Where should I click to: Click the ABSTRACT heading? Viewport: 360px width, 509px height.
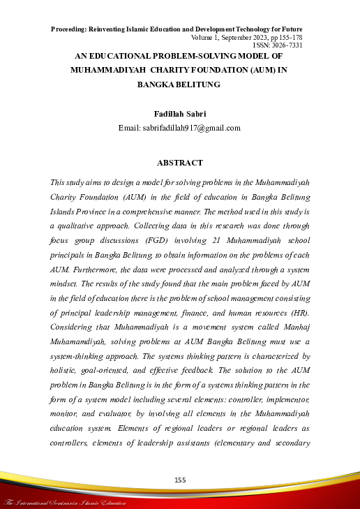coord(180,163)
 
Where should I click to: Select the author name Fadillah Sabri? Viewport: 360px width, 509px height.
coord(180,112)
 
